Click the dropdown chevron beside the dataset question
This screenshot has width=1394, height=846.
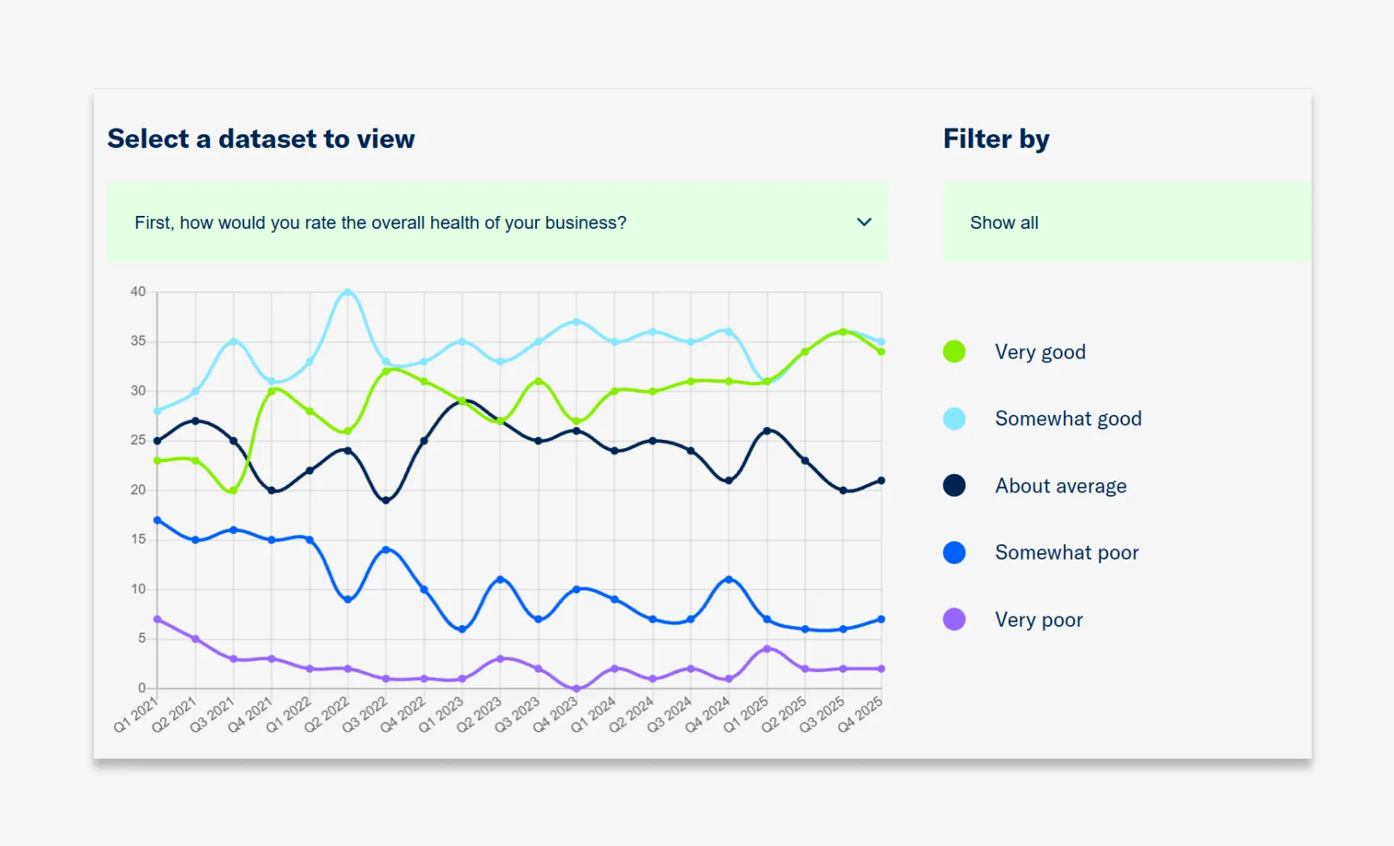(864, 222)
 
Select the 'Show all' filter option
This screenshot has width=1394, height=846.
(1004, 222)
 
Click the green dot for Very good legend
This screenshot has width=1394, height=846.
(954, 352)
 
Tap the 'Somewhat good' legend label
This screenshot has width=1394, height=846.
(1067, 419)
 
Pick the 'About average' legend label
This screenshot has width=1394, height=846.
(1060, 486)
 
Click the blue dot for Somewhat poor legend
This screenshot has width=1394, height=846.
(954, 552)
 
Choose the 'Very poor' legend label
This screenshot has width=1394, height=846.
(1038, 620)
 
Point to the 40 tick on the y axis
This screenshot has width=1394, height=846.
(138, 292)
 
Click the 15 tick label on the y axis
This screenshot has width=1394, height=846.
(138, 539)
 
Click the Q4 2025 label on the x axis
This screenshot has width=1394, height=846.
(860, 714)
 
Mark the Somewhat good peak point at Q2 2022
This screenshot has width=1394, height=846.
(348, 292)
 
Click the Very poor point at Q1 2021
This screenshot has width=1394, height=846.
(158, 620)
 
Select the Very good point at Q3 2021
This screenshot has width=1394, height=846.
(234, 491)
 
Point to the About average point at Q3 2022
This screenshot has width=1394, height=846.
(386, 501)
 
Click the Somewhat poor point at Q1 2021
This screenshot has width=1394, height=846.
(158, 520)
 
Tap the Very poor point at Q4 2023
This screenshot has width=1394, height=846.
(577, 688)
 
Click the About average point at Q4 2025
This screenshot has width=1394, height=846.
(881, 480)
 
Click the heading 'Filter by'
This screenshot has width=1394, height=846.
(996, 139)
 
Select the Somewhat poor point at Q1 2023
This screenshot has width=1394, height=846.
(462, 629)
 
